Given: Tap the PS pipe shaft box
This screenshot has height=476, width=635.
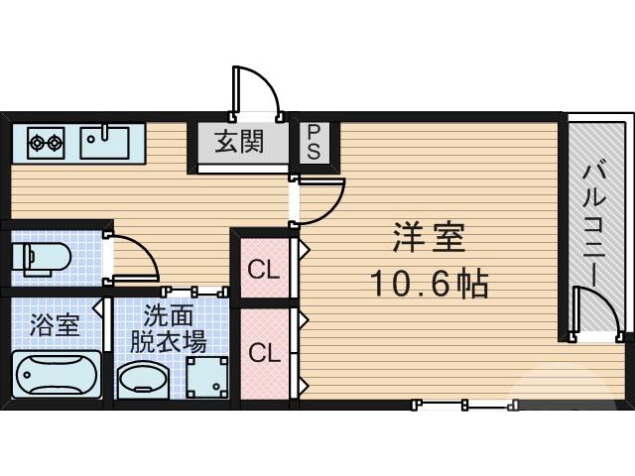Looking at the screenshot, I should coord(313,143).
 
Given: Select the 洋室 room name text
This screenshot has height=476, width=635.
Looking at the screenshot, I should coord(429,239).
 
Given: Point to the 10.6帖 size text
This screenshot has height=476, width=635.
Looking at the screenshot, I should coord(429,286).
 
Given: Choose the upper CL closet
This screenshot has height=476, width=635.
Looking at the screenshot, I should coord(264,268).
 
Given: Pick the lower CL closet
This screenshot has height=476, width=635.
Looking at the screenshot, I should coord(264,352).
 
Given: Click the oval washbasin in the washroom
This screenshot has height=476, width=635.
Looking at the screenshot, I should coord(145,379).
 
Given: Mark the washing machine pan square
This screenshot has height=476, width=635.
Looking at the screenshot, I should coord(210,378).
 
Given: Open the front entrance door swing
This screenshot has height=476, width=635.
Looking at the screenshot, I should coord(256,91).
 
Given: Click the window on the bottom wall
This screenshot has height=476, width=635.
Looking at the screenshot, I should coord(464,404).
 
